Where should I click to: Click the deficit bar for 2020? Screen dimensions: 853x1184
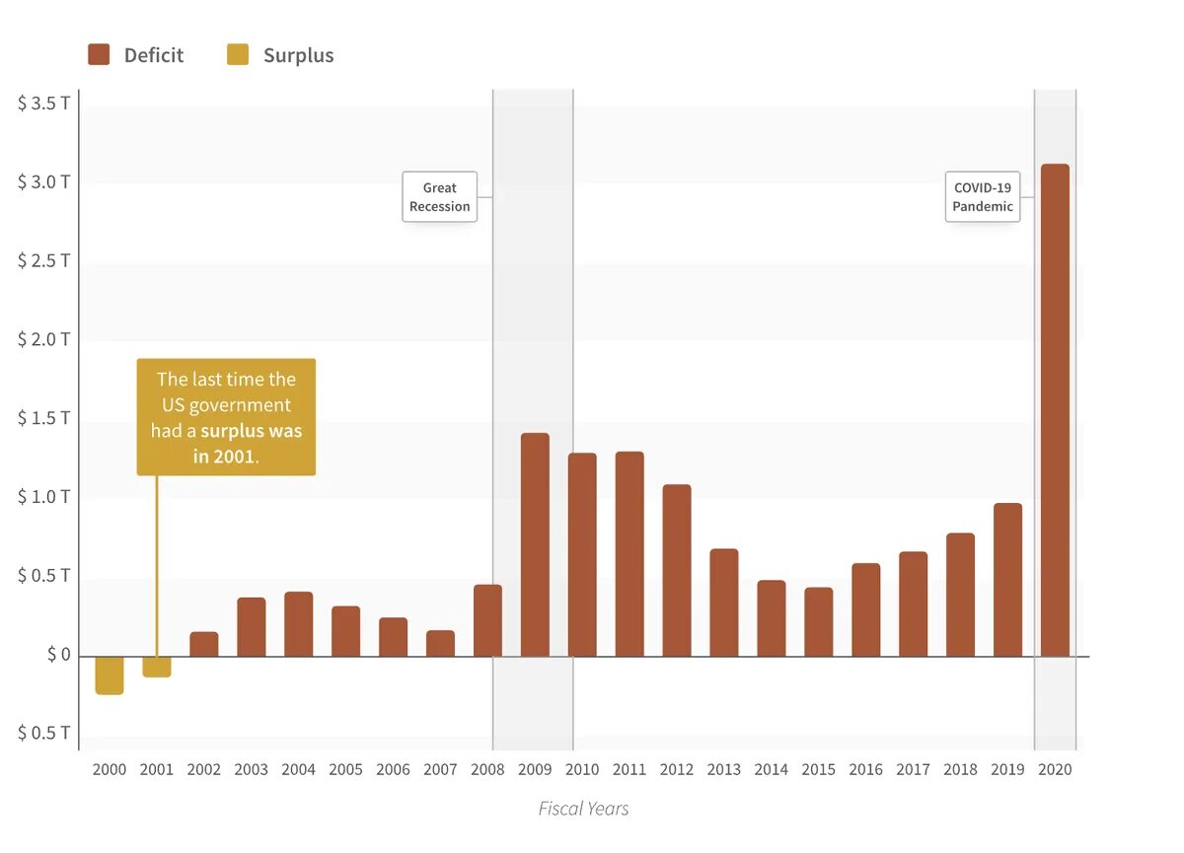tap(1055, 409)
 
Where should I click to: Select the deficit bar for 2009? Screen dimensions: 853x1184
tap(535, 544)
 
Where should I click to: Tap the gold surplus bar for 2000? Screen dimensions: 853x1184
tap(110, 675)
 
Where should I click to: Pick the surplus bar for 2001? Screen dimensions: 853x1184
tap(157, 667)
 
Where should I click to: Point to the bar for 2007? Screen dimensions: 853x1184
tap(440, 643)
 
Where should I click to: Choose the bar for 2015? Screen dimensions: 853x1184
tap(818, 621)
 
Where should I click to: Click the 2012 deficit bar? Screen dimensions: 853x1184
tap(677, 570)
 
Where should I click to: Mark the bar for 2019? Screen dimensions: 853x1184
tap(1007, 580)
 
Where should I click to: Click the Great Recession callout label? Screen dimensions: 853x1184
tap(440, 197)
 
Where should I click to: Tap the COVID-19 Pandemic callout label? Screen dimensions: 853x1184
tap(983, 197)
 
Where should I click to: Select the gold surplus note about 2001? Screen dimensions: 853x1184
tap(226, 416)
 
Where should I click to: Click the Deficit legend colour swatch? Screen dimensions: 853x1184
tap(99, 55)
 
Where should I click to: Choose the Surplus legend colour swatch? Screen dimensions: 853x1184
tap(238, 55)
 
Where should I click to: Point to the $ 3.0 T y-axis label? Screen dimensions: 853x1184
tap(43, 182)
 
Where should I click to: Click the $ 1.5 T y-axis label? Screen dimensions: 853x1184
tap(43, 418)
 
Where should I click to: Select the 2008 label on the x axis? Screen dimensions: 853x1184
tap(487, 769)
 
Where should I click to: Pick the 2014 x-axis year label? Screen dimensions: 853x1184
tap(771, 769)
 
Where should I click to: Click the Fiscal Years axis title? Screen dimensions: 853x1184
tap(583, 809)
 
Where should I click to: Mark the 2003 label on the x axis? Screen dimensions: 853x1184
tap(251, 769)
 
